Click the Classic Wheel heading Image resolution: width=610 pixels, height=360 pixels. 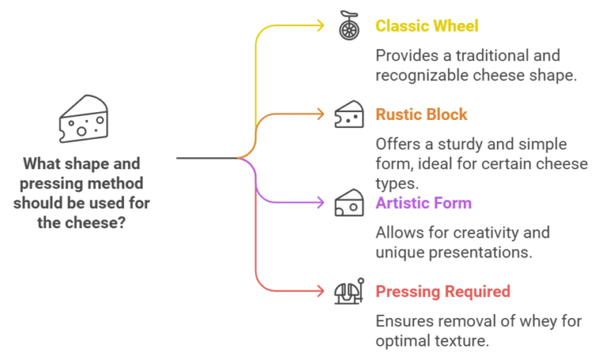427,26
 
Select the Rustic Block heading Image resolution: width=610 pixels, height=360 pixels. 421,114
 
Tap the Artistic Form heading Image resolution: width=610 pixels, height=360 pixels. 423,203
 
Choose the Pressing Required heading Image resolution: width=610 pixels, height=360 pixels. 442,292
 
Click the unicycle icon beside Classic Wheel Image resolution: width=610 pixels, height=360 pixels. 349,25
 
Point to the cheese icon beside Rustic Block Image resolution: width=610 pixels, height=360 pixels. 349,114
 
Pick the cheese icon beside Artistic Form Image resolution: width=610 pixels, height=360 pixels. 349,203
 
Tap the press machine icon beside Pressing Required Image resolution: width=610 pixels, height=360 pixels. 349,291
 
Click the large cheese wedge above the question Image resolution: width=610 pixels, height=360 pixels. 83,118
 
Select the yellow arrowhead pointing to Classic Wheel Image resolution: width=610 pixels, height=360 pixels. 321,25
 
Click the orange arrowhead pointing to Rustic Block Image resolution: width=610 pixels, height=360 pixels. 321,114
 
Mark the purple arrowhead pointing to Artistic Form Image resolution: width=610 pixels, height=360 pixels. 321,203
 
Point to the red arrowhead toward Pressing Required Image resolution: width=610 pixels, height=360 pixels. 321,291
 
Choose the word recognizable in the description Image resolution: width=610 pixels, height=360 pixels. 422,75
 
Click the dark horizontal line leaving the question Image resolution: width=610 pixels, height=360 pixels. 207,158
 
